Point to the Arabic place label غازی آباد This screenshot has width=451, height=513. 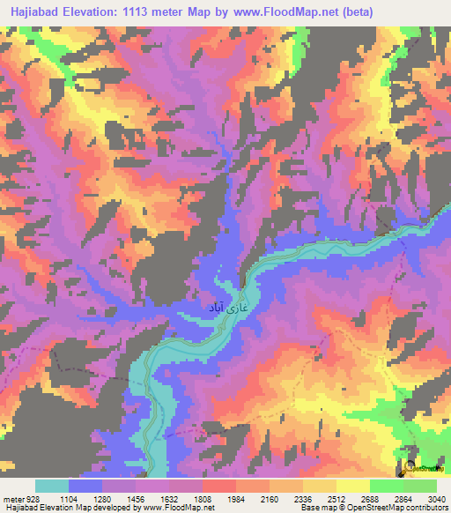point(225,308)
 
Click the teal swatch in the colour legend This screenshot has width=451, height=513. point(52,486)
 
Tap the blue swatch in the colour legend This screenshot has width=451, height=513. point(85,486)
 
